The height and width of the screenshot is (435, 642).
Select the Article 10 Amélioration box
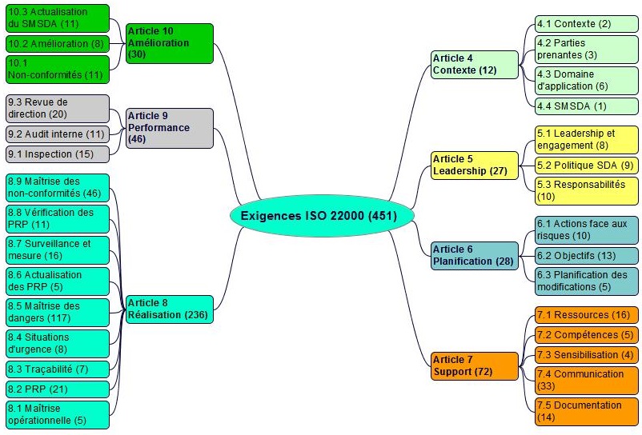(170, 42)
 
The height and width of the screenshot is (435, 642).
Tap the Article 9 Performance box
(170, 128)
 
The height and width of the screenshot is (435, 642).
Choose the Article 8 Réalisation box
(169, 309)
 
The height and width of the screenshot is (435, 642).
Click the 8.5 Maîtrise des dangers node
(57, 312)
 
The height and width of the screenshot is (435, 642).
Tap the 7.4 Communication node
(587, 380)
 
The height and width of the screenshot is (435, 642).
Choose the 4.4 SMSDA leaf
(587, 106)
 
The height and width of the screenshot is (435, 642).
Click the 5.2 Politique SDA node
(587, 166)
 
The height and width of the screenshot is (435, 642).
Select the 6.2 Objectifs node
(587, 256)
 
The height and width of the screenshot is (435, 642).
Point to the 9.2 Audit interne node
(57, 134)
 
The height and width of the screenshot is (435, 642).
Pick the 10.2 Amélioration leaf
(57, 43)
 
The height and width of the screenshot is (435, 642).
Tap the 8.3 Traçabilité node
(57, 369)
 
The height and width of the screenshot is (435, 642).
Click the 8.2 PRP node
(57, 389)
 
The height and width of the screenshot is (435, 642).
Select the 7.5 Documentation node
(587, 411)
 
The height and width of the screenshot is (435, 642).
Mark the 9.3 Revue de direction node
(57, 108)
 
